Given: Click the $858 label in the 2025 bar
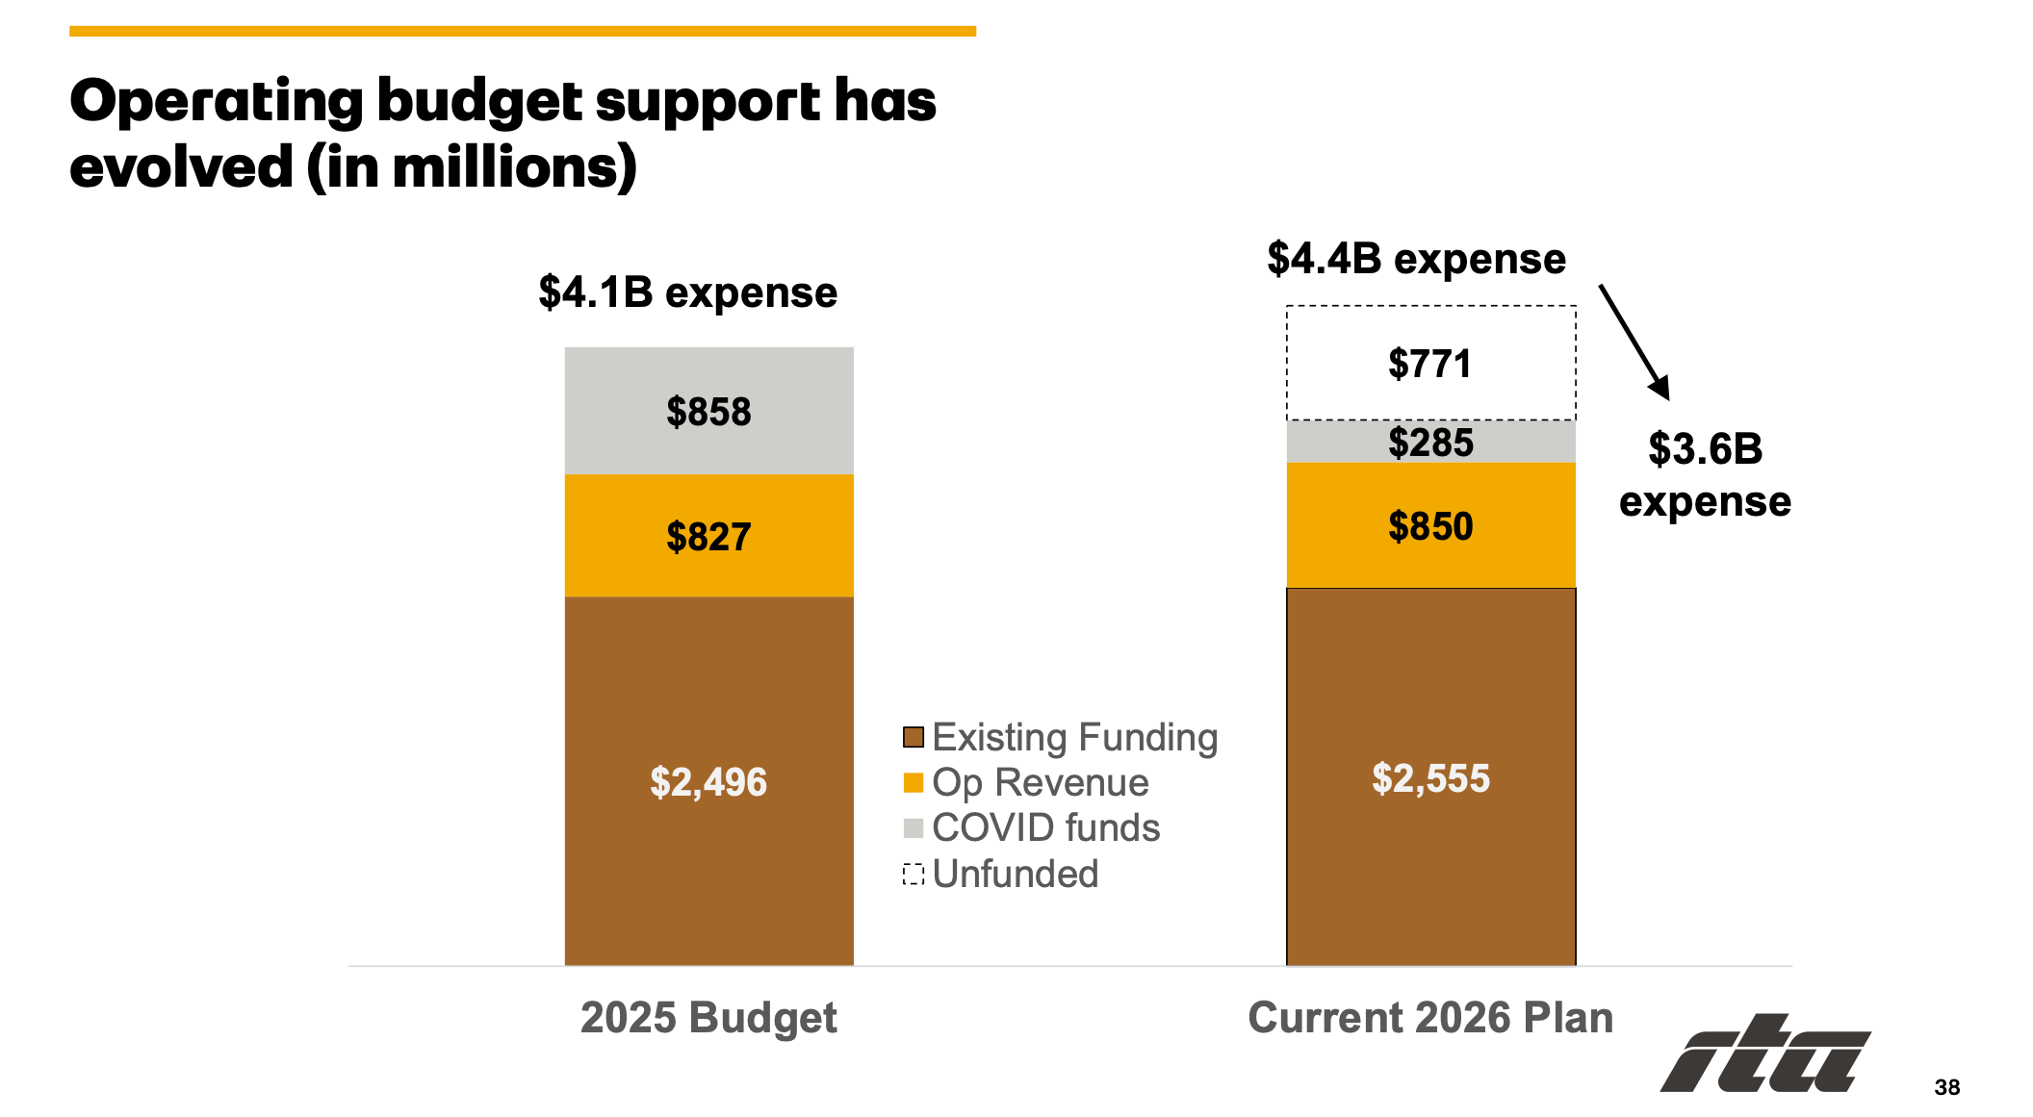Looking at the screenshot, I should click(x=708, y=412).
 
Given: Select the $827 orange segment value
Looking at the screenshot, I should click(x=708, y=537).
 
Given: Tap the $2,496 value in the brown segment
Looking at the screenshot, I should click(x=708, y=782).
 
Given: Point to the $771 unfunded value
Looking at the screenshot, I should click(x=1429, y=365).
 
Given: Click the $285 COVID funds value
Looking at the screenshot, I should click(x=1430, y=443).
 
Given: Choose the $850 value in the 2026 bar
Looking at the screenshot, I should click(x=1430, y=526).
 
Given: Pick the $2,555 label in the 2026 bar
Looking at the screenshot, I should click(x=1430, y=778).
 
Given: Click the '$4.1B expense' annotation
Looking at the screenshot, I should click(x=687, y=292).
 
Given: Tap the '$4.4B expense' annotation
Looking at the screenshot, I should click(x=1416, y=259).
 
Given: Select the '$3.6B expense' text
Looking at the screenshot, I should click(x=1705, y=475).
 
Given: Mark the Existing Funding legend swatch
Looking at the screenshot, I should click(x=914, y=738).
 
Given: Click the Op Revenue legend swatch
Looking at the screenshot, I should click(x=914, y=783).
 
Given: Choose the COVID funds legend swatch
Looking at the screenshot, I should click(x=914, y=828).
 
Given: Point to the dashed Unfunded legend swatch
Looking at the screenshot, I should click(x=914, y=875).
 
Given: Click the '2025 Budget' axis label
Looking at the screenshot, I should click(x=708, y=1018).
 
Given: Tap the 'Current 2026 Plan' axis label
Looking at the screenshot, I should click(x=1430, y=1018).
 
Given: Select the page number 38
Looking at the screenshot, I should click(x=1946, y=1087).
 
